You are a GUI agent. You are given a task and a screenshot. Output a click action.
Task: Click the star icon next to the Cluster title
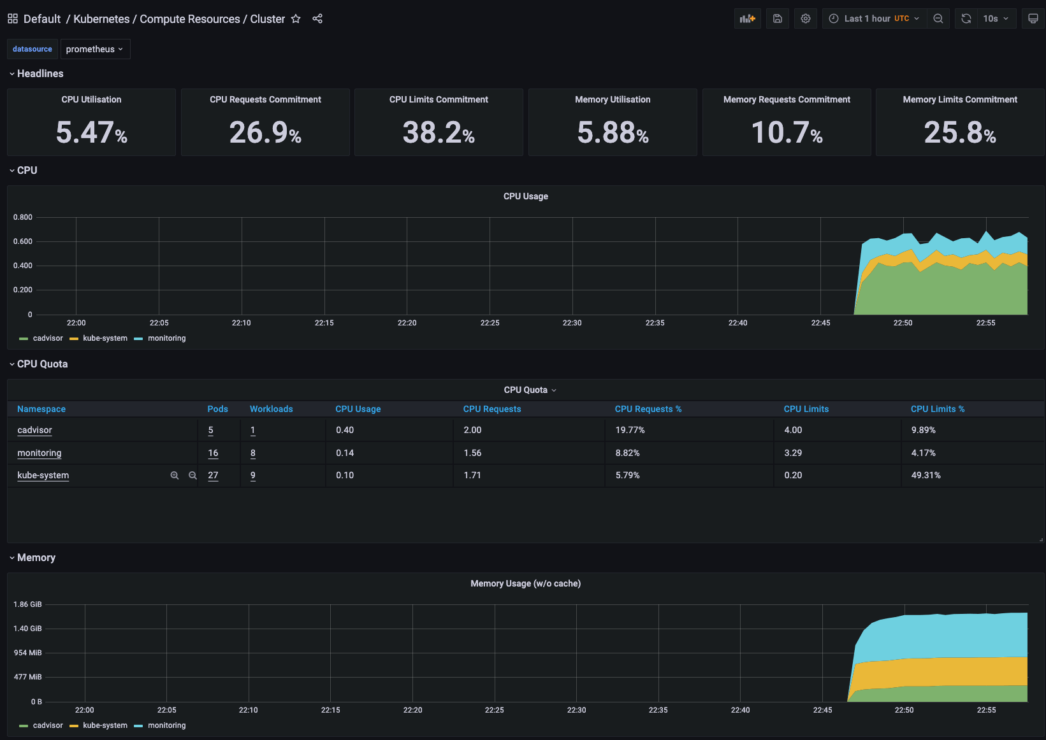pos(296,18)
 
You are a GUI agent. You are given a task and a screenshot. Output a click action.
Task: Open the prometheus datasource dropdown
pos(95,49)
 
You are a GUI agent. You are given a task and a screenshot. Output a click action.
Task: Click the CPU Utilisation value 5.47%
pos(91,132)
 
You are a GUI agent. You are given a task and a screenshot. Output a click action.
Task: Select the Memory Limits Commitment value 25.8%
pos(959,132)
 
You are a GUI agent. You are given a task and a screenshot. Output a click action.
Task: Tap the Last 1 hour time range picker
pos(874,18)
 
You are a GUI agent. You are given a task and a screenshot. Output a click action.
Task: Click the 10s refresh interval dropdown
pos(995,18)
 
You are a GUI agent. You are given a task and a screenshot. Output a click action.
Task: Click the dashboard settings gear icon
pos(806,18)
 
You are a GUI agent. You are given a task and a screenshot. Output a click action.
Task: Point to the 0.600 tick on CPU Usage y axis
pos(23,241)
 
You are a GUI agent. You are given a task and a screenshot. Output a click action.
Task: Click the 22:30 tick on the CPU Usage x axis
pos(572,323)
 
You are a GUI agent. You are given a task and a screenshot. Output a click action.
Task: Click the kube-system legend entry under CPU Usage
pos(105,338)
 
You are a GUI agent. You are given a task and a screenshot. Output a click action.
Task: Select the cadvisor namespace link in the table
pos(34,430)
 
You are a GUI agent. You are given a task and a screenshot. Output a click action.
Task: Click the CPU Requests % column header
pos(648,409)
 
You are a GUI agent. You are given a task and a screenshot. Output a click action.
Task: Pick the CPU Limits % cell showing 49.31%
pos(926,475)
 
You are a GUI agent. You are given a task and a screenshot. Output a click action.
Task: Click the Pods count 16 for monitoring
pos(213,453)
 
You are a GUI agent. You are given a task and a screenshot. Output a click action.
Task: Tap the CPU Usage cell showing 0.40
pos(345,430)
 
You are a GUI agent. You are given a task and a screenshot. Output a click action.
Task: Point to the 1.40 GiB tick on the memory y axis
pos(27,629)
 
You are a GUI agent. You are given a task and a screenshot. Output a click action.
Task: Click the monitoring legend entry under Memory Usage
pos(166,725)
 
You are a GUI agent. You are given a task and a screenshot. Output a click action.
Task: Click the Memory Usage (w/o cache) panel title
pos(525,583)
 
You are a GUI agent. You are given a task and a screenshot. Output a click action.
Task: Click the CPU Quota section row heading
pos(42,364)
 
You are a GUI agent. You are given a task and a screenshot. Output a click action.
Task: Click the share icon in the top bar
pos(317,18)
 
